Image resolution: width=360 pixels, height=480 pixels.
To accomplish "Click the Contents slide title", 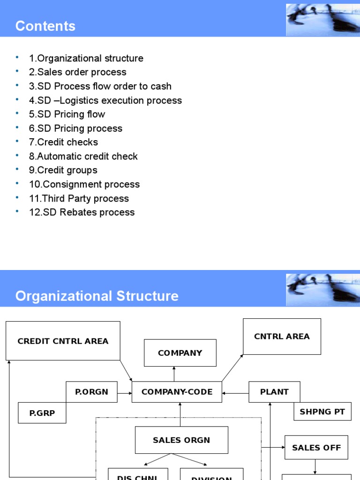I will [x=45, y=26].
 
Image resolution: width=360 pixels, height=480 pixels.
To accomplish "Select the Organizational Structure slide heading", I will [x=97, y=296].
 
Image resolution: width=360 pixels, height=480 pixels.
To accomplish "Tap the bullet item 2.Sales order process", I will [x=77, y=72].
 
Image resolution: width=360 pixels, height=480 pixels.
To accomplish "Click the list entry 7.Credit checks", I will [x=63, y=142].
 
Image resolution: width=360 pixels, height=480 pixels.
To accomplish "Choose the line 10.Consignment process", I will [x=84, y=184].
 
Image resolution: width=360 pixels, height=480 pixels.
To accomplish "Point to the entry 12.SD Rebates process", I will [x=82, y=212].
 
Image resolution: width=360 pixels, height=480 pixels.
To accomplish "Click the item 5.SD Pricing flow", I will [x=67, y=114].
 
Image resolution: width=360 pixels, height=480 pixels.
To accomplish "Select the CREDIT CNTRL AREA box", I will [x=63, y=341].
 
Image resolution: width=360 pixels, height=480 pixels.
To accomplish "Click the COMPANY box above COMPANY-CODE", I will [x=180, y=353].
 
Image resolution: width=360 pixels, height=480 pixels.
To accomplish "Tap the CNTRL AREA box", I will [x=282, y=337].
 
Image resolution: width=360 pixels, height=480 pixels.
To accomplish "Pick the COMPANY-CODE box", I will [x=177, y=392].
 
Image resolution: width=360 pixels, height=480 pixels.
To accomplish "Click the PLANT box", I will [x=274, y=392].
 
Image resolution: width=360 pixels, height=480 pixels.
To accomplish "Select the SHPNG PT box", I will [x=322, y=412].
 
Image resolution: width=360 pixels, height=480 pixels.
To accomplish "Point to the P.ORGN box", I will [x=91, y=392].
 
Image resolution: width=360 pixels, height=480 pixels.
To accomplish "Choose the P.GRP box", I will [x=42, y=412].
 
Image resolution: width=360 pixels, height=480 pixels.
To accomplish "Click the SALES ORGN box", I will [x=181, y=440].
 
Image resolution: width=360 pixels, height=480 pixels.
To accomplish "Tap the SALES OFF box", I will [x=316, y=448].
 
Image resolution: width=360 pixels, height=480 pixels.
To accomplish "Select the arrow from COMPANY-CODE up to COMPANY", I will [x=174, y=374].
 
